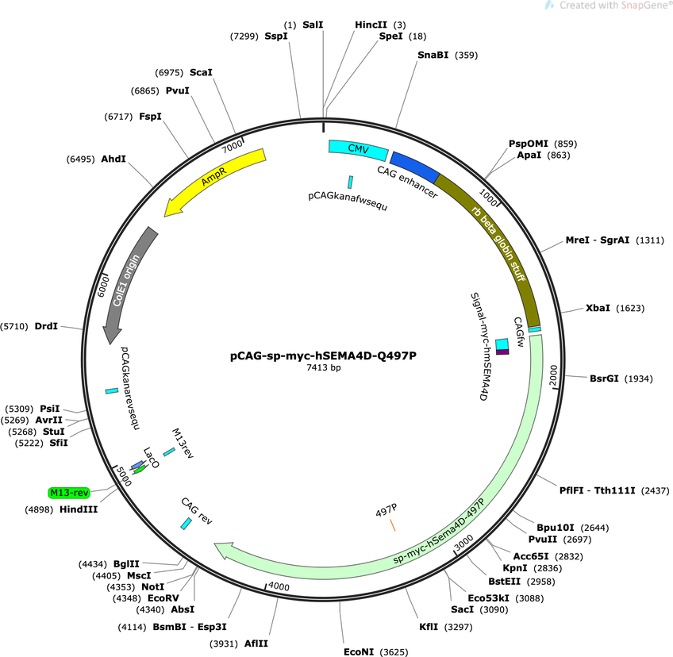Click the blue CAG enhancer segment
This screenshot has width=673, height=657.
415,167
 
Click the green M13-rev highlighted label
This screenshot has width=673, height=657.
69,493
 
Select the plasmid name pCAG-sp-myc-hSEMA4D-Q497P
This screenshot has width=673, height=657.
323,355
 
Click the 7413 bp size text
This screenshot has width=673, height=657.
323,367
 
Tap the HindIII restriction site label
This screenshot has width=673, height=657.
79,509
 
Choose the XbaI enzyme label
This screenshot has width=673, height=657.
598,308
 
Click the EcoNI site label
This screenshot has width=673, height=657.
359,652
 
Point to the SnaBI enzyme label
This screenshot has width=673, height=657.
433,55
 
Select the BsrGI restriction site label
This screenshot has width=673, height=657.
604,378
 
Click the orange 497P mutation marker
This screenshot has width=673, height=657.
392,524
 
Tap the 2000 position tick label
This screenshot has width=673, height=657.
553,375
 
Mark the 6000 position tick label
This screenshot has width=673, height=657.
103,286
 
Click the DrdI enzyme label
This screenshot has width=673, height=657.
46,326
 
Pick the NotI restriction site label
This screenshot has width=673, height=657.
153,586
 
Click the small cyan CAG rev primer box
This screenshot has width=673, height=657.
186,524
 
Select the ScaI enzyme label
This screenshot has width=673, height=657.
201,72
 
